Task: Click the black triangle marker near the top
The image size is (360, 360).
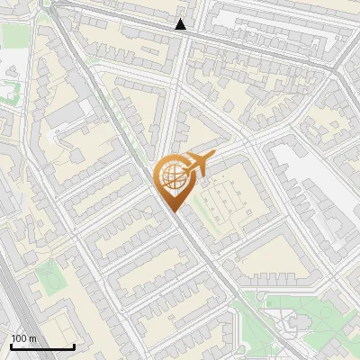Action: (181, 24)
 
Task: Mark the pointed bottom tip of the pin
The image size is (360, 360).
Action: (173, 211)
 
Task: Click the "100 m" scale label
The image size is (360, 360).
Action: (24, 338)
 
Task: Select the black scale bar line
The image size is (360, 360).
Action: (42, 346)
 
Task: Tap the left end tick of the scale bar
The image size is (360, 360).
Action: (11, 346)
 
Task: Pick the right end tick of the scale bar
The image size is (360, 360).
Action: (74, 346)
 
